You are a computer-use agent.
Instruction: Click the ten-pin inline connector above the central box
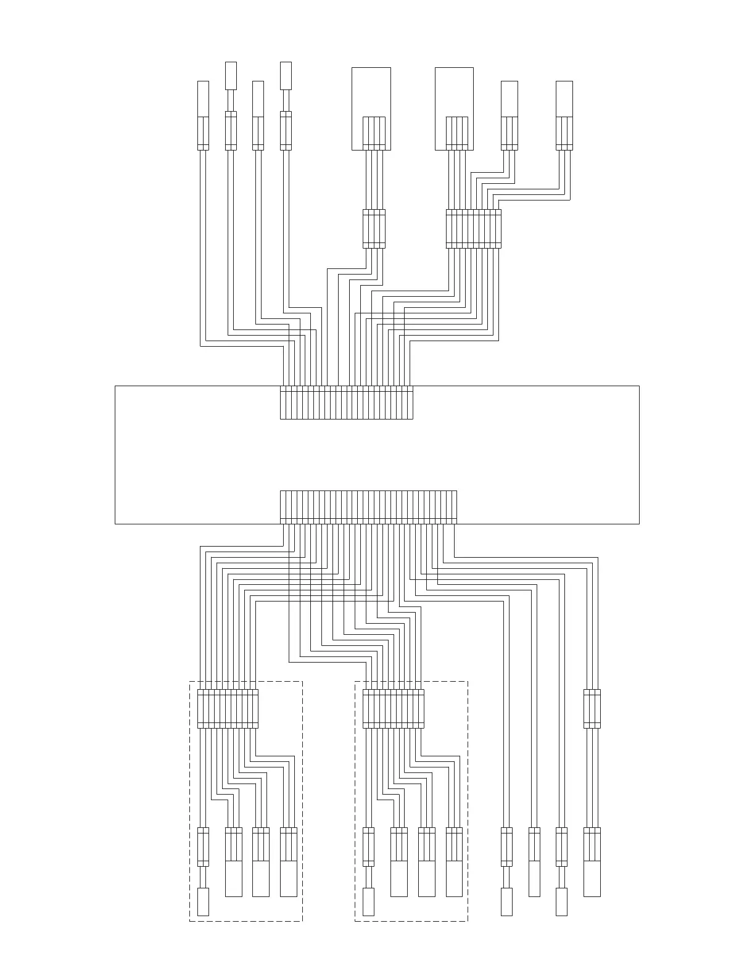473,229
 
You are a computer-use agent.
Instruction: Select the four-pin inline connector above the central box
374,229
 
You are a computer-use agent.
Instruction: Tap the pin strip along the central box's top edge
346,403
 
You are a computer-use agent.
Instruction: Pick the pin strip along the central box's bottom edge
368,507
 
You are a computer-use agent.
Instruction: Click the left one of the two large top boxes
371,108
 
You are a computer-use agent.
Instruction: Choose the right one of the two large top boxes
454,108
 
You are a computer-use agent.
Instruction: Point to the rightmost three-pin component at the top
564,115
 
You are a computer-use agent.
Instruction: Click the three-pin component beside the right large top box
509,115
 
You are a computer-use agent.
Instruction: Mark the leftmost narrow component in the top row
203,115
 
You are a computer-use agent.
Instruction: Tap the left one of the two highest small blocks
231,75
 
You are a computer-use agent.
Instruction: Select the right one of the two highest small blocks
286,75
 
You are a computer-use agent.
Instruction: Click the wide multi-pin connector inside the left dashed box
228,708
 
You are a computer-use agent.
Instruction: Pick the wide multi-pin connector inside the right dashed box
393,708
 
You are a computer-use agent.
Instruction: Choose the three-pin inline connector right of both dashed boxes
592,708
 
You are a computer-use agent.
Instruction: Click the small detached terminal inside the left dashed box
203,901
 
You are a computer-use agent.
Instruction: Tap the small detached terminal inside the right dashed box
368,901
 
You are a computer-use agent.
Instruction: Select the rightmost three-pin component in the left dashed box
288,861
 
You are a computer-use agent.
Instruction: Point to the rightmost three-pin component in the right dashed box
454,861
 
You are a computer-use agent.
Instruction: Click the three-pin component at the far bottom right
592,861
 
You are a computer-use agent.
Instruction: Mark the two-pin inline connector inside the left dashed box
203,846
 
